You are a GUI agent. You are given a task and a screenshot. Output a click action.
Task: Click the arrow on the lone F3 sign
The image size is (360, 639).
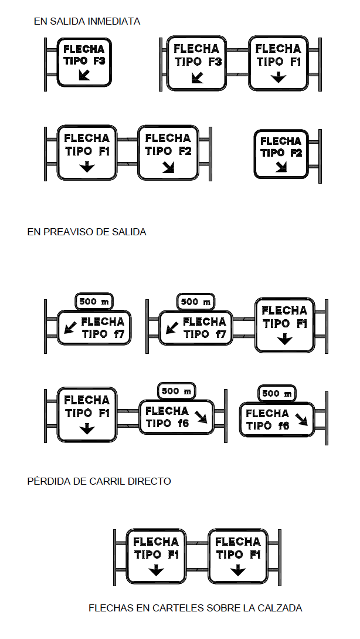point(84,75)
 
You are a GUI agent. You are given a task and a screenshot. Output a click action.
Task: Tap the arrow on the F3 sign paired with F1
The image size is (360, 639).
point(197,77)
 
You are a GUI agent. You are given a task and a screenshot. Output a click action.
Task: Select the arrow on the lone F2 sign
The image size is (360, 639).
point(281,167)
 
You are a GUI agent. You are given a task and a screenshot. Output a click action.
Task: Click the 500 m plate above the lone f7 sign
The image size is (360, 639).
point(94,302)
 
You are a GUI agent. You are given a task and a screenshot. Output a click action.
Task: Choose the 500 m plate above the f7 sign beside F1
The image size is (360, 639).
point(196,302)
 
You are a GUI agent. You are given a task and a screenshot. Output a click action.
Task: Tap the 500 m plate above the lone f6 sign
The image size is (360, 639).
point(277,393)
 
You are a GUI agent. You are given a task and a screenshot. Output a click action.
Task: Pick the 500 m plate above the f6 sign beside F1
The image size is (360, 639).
point(176,391)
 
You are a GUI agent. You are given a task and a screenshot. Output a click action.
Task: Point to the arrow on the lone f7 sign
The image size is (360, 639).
point(70,327)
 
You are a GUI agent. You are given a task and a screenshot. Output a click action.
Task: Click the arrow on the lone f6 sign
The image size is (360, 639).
point(301,420)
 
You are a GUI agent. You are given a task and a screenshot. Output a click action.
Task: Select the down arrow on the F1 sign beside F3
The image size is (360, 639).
point(279,77)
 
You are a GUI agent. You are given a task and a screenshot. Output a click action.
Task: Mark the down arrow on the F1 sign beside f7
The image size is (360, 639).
point(285,339)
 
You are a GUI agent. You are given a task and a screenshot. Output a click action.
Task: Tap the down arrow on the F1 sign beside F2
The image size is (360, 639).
point(87,166)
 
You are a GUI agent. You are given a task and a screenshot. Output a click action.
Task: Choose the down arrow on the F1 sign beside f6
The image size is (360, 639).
point(87,429)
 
